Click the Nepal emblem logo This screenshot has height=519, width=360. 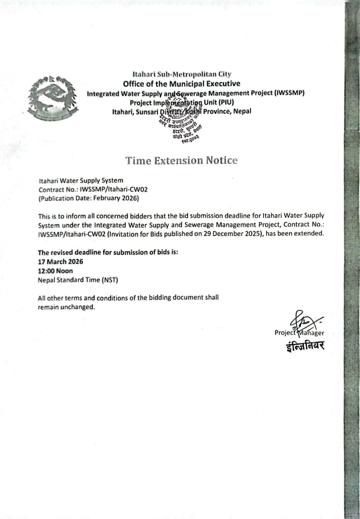(x=53, y=98)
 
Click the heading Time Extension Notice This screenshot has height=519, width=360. (x=181, y=161)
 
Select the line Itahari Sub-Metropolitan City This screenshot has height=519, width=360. (x=182, y=74)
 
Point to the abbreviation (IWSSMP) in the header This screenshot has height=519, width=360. (x=289, y=93)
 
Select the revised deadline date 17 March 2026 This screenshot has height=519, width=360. (x=60, y=262)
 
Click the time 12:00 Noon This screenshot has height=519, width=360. (x=56, y=271)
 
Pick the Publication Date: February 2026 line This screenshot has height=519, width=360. (x=89, y=198)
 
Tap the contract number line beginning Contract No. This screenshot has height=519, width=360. (x=90, y=189)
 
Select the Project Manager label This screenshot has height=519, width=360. (x=299, y=333)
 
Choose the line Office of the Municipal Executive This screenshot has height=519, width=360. (x=182, y=84)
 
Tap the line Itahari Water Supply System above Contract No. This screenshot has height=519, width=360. (x=81, y=180)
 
